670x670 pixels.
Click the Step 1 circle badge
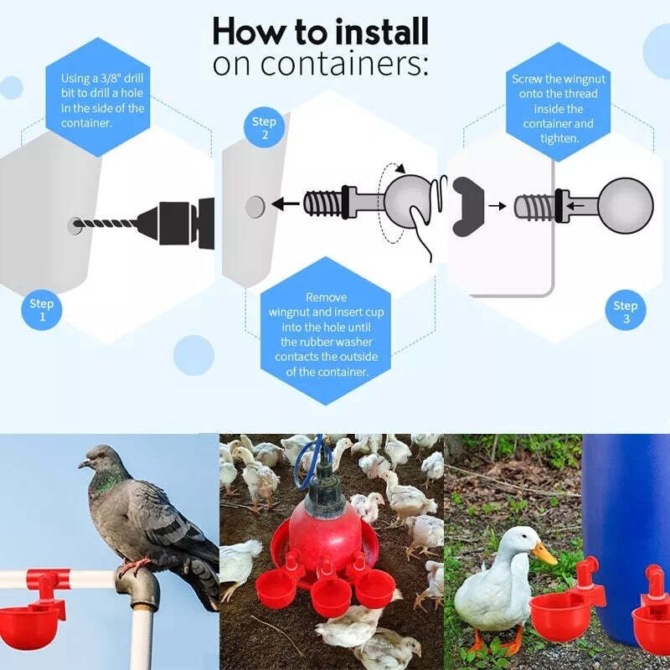pos(41,310)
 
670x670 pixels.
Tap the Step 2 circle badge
pos(264,128)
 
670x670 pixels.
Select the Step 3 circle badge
pos(625,312)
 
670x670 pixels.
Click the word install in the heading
pos(381,32)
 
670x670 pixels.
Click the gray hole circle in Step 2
pos(255,204)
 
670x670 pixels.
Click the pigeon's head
pos(99,458)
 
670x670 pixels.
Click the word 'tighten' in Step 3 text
pos(559,138)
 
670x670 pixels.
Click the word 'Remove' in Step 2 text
pos(326,297)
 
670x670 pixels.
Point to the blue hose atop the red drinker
pos(316,457)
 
